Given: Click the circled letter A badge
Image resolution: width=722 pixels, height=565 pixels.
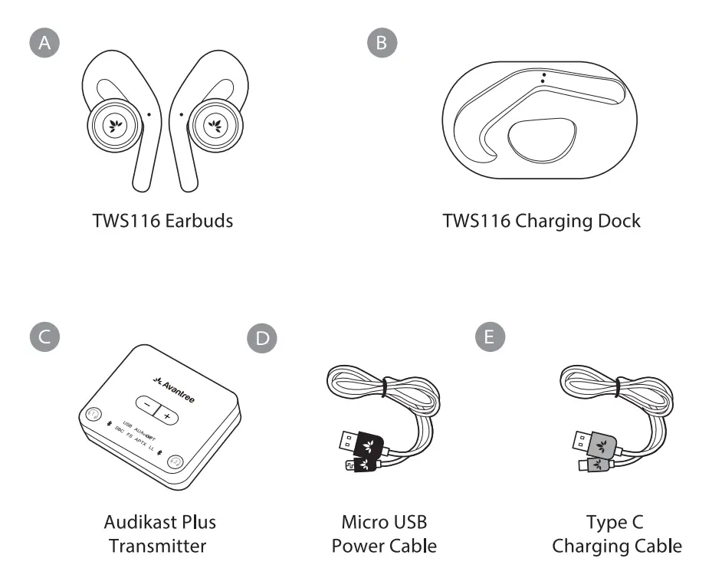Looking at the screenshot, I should (x=46, y=44).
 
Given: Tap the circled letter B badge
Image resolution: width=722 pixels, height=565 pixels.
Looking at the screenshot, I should (x=382, y=44).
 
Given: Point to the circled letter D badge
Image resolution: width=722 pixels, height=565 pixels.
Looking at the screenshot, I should (x=264, y=338).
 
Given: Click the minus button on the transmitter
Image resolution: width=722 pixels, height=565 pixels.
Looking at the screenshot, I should (x=146, y=405).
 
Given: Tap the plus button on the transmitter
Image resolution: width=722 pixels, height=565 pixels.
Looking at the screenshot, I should (x=166, y=415).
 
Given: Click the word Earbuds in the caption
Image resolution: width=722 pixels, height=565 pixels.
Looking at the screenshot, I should (x=199, y=222).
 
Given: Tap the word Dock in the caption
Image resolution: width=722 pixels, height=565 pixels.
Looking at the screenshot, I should (x=617, y=222).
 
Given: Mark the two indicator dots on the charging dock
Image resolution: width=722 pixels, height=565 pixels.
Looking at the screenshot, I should (x=543, y=77).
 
